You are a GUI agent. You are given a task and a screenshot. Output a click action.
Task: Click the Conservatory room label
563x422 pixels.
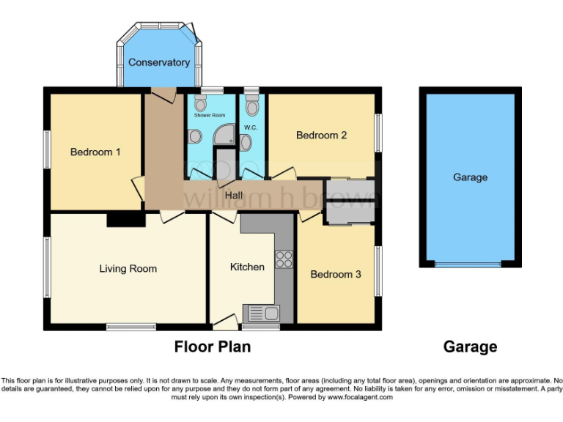coord(159,62)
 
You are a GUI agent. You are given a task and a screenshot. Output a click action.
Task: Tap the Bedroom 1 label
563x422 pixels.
coord(95,152)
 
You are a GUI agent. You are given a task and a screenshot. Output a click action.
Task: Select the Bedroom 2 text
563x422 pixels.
coord(321,135)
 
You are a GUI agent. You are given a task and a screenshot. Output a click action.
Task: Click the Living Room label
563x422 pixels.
coord(128,269)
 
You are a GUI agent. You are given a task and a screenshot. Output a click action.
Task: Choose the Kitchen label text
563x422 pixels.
coord(247,267)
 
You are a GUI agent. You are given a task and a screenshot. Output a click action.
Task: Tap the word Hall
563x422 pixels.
coord(235,196)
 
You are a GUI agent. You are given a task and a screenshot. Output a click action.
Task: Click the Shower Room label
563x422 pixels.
coord(210,116)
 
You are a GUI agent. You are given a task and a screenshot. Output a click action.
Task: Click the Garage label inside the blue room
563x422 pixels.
coord(470,177)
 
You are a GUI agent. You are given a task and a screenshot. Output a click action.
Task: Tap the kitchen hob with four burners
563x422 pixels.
coord(284,259)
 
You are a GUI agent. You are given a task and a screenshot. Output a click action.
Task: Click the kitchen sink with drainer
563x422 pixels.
coord(262,314)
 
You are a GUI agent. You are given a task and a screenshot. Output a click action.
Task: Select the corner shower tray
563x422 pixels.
coord(226,133)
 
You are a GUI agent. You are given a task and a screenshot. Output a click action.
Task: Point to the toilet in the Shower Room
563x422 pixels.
coord(196,136)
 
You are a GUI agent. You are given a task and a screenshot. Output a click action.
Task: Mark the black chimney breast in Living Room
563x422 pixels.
coord(125,219)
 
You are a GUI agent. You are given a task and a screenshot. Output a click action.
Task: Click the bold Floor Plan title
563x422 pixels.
coord(212,347)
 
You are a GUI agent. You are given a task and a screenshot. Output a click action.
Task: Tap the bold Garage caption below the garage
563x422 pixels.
coord(470,347)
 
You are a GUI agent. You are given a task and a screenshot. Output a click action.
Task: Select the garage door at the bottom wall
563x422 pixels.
coord(469,264)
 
